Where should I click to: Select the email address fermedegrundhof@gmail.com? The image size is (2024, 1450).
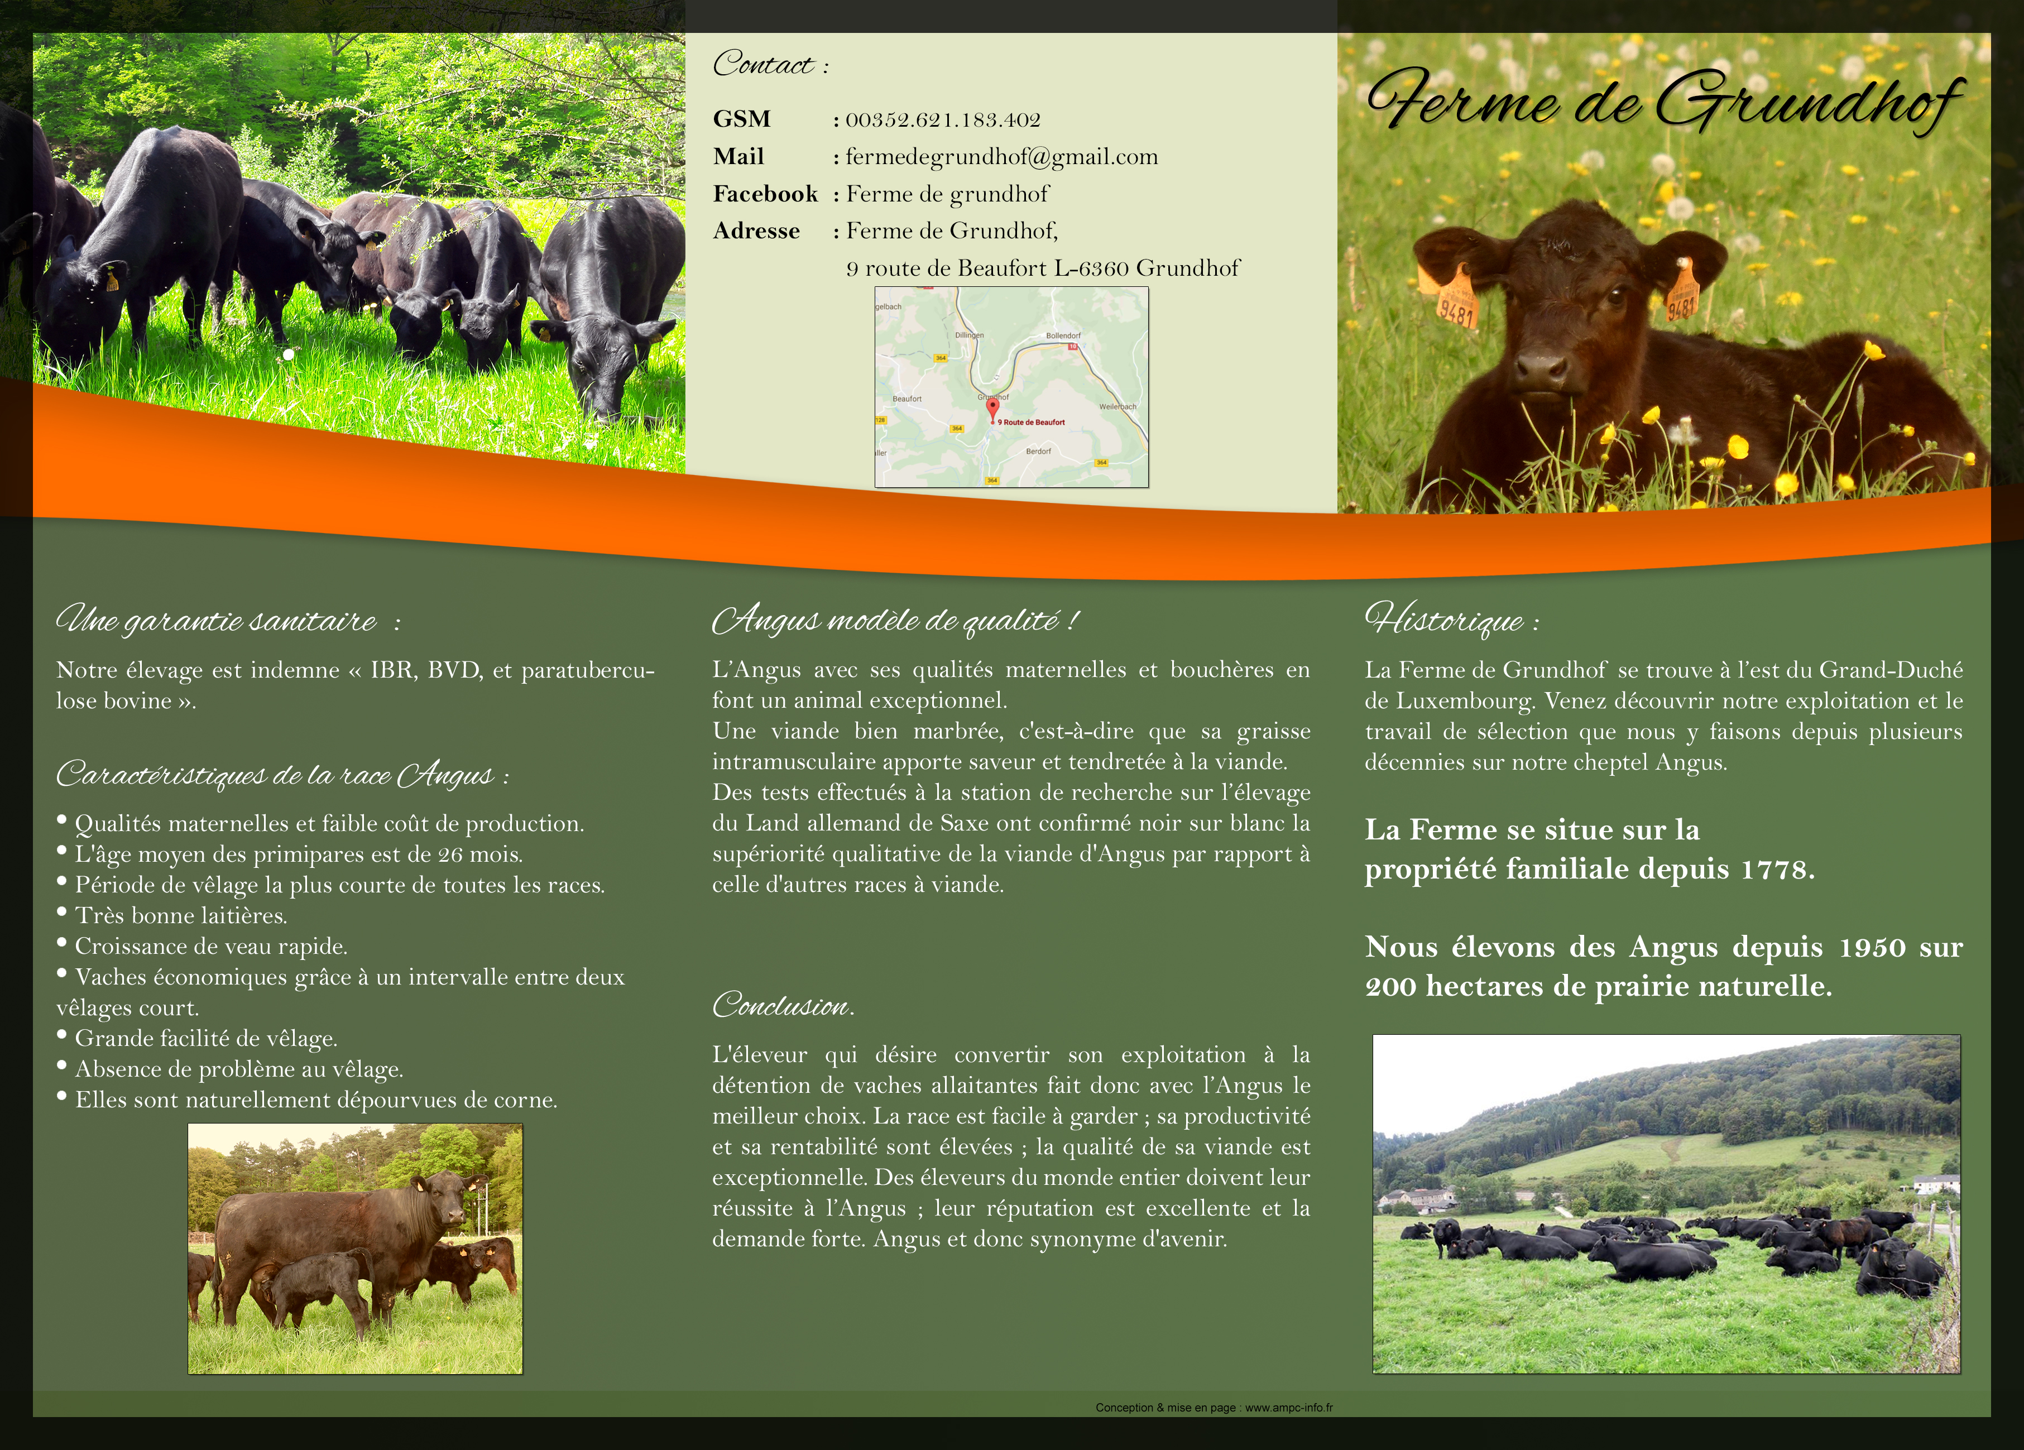pyautogui.click(x=1002, y=157)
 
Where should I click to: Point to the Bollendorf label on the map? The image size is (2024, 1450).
pyautogui.click(x=1063, y=335)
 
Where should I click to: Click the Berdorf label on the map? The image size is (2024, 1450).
pyautogui.click(x=1038, y=452)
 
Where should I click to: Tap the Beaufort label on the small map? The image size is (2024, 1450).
pyautogui.click(x=907, y=399)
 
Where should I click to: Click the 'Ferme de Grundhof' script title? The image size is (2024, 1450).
pyautogui.click(x=1665, y=103)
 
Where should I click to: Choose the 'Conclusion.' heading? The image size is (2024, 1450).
pyautogui.click(x=784, y=1006)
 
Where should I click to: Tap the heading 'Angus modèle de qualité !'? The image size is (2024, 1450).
pyautogui.click(x=896, y=620)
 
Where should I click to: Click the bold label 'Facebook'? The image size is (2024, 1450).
pyautogui.click(x=765, y=194)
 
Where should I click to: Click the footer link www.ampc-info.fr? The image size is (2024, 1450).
pyautogui.click(x=1289, y=1407)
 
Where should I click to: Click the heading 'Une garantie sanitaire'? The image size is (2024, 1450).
pyautogui.click(x=217, y=620)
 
